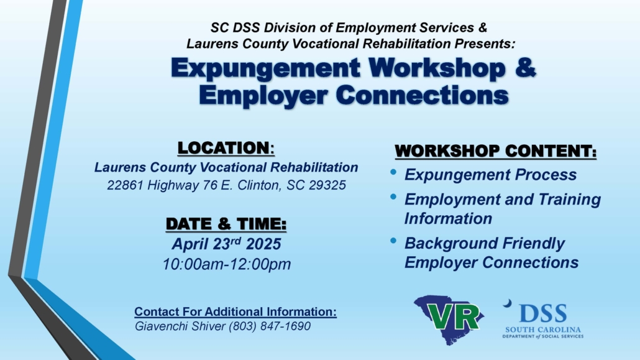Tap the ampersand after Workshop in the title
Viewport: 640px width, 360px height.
(x=525, y=67)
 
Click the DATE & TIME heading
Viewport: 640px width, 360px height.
(x=226, y=224)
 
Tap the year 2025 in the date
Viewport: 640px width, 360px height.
(x=263, y=244)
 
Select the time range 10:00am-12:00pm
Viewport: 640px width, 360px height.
(x=227, y=264)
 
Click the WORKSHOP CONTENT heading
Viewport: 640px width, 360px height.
(x=495, y=151)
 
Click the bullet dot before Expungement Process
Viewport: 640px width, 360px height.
(x=393, y=172)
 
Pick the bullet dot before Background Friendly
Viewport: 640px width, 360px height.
(x=393, y=241)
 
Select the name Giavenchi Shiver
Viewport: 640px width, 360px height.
(x=180, y=326)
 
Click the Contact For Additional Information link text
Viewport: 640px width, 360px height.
(x=235, y=312)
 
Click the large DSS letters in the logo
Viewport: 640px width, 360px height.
(x=543, y=314)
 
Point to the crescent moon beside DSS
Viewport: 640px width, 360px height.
(x=508, y=303)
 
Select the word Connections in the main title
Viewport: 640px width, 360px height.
(x=423, y=95)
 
